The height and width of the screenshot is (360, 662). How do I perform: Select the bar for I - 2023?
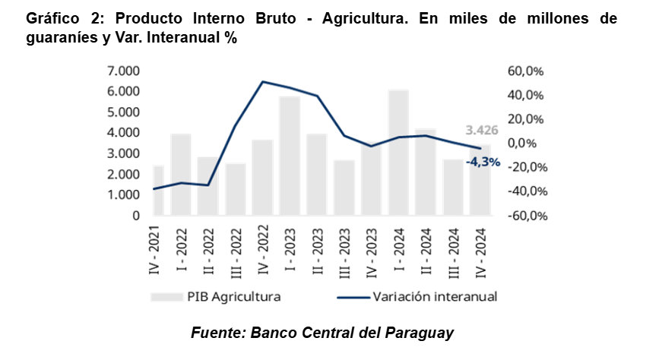click(290, 156)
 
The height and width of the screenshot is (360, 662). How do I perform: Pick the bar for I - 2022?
click(181, 174)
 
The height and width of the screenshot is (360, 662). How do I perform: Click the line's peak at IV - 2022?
click(262, 81)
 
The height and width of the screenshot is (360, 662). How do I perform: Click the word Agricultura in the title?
click(358, 18)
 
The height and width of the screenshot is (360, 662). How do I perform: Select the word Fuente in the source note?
click(215, 333)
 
